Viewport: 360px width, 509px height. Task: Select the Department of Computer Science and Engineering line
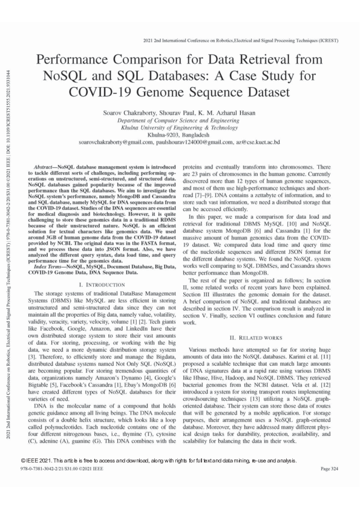coord(179,121)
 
